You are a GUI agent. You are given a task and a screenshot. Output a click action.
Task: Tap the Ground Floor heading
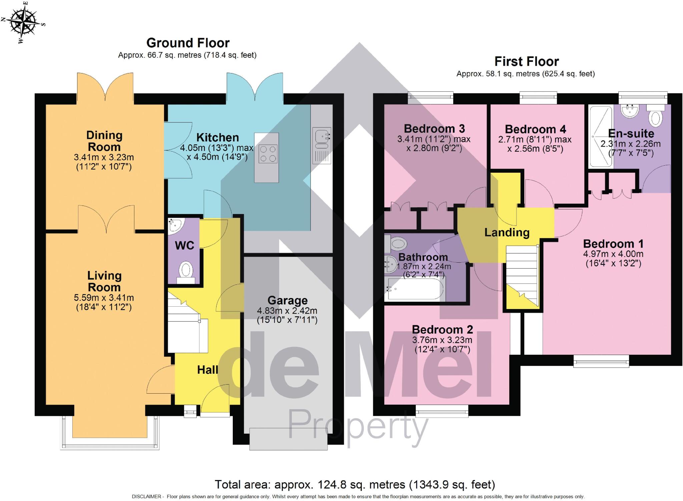click(188, 43)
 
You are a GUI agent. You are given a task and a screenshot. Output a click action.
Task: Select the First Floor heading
click(526, 62)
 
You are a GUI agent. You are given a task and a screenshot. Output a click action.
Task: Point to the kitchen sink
click(321, 138)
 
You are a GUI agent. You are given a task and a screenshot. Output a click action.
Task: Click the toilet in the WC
click(186, 271)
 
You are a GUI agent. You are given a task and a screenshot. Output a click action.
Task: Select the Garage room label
click(287, 300)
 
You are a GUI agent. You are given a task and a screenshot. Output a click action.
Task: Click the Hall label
click(207, 370)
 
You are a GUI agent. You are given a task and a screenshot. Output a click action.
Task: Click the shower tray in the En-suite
click(601, 137)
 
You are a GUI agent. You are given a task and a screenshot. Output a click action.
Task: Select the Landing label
click(507, 232)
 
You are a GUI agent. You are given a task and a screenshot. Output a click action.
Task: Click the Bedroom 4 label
click(535, 129)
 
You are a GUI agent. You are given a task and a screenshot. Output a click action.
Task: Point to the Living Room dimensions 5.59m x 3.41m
click(104, 298)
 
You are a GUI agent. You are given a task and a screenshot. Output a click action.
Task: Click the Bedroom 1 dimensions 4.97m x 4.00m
click(613, 254)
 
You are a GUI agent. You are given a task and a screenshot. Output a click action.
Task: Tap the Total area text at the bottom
click(355, 484)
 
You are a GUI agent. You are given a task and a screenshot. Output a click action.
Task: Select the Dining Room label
click(104, 141)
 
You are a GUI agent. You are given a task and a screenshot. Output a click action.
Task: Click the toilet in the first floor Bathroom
click(396, 244)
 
